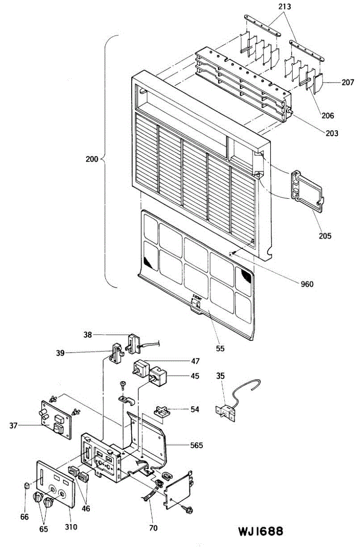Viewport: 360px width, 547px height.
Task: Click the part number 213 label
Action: click(285, 7)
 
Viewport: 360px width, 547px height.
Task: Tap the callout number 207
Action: click(347, 83)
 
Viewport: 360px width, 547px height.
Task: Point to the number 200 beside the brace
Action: click(92, 160)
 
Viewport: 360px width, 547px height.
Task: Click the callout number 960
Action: click(307, 284)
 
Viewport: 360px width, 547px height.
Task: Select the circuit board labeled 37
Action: click(57, 420)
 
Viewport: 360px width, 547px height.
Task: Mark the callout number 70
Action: click(153, 528)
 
